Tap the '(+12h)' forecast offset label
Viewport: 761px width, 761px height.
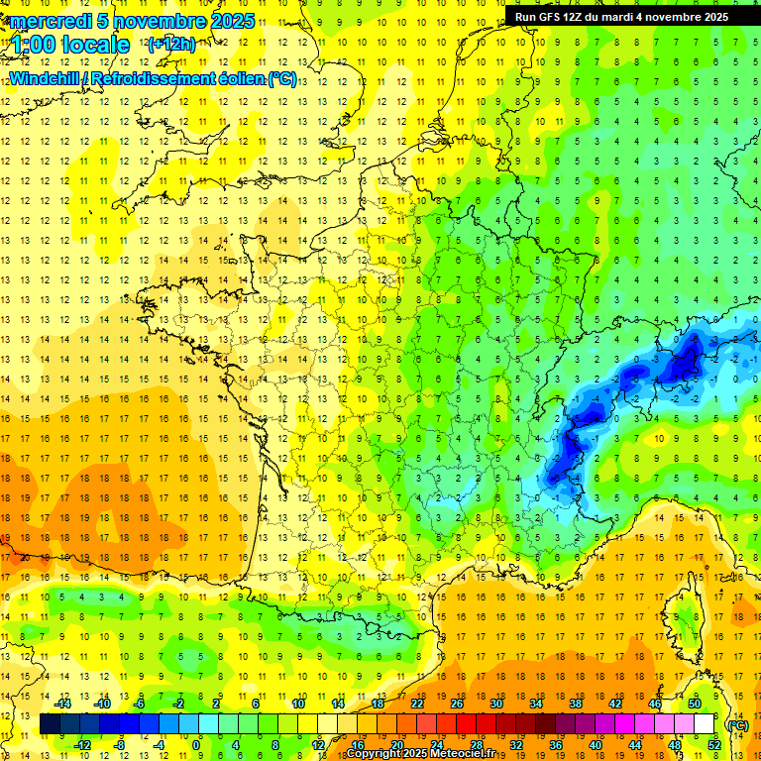(171, 44)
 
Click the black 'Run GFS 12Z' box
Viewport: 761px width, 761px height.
(621, 16)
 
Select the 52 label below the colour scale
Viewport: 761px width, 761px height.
(714, 745)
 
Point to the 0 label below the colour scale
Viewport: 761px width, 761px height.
(196, 745)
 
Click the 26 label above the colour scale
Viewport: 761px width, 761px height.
(457, 704)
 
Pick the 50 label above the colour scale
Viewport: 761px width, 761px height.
(695, 704)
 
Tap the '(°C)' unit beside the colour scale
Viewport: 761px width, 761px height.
(737, 724)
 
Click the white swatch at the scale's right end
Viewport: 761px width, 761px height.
(705, 724)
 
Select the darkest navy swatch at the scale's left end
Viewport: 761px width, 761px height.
(50, 724)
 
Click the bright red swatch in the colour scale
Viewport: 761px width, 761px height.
(467, 724)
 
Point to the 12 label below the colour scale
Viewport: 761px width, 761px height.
(317, 745)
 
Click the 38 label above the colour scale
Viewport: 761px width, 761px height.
(576, 704)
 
